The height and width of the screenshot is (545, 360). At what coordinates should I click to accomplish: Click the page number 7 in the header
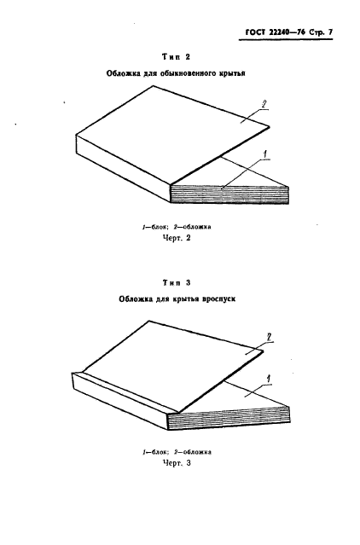coord(330,32)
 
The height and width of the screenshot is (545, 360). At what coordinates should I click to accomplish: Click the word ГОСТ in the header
coord(255,32)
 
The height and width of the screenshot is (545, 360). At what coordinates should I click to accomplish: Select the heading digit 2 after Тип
coord(188,57)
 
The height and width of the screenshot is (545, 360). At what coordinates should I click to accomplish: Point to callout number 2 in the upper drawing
coord(264,104)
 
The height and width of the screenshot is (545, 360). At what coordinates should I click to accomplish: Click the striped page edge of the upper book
coord(230,194)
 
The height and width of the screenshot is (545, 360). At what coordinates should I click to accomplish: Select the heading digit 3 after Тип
coord(188,283)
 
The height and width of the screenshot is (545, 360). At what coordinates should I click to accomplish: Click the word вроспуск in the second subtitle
coord(219,299)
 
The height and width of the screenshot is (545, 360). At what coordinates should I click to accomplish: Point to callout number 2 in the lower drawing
coord(269,337)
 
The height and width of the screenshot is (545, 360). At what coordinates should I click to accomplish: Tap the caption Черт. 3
coord(177,463)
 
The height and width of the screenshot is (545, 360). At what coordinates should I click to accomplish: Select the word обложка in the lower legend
coord(197,452)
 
